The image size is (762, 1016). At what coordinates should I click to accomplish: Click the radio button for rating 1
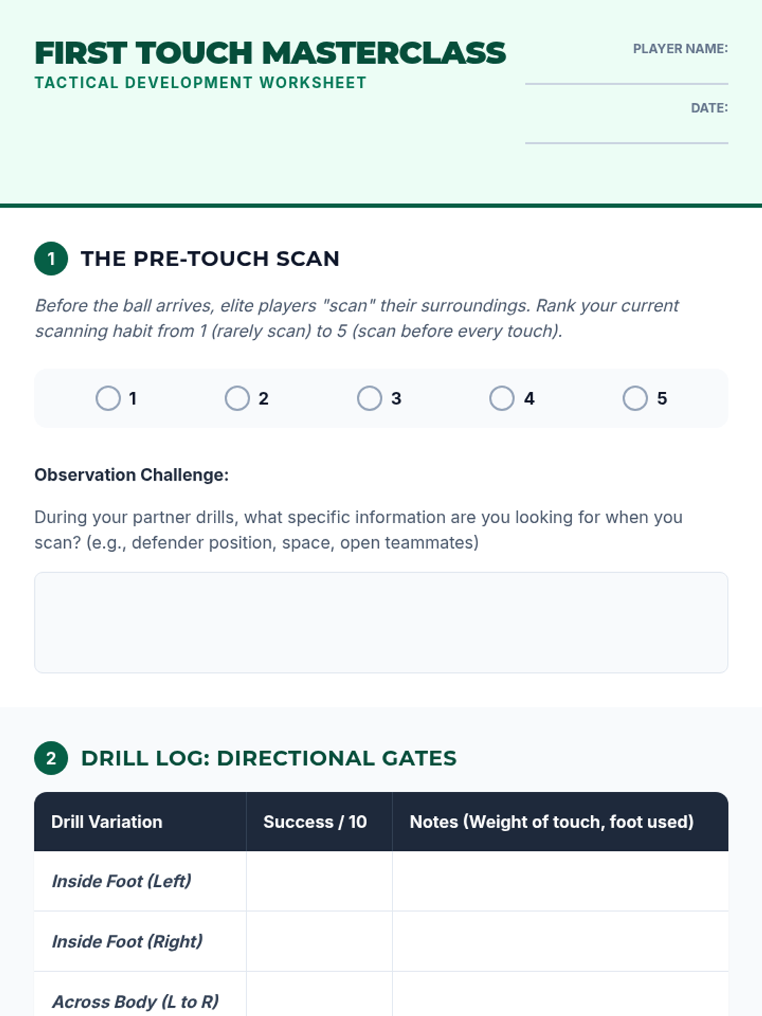pos(108,398)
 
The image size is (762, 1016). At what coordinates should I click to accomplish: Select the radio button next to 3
pos(369,398)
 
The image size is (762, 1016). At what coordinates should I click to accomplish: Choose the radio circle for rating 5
pos(635,398)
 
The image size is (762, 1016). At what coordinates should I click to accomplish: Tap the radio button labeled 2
pos(237,398)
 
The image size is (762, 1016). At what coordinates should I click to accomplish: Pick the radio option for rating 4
pos(502,398)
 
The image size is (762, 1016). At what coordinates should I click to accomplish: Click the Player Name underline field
pos(627,83)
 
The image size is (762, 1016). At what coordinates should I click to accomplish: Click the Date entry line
pos(627,143)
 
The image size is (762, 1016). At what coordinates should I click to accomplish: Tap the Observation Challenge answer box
pos(381,622)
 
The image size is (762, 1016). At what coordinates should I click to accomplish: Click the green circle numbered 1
pos(51,258)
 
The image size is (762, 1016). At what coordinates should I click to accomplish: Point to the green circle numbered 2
pos(51,758)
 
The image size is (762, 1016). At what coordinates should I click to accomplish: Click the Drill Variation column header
pos(107,822)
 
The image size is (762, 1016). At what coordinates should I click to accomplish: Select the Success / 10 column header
pos(315,822)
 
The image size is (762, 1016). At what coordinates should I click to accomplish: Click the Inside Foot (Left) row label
pos(121,881)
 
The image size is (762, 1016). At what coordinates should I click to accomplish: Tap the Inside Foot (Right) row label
pos(127,941)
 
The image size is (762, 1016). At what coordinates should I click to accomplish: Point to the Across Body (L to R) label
pos(135,1001)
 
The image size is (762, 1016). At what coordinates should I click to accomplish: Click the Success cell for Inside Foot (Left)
pos(319,881)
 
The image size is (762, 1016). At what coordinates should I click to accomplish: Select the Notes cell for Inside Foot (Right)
pos(560,941)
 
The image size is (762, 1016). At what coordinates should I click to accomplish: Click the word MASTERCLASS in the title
pos(384,53)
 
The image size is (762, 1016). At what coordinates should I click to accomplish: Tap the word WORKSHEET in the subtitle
pos(313,83)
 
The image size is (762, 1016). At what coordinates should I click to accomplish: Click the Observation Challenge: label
pos(132,475)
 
